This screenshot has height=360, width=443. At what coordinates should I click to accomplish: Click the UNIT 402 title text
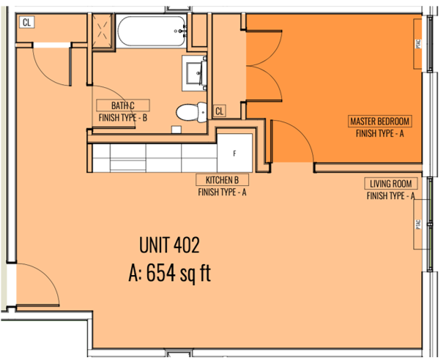click(170, 245)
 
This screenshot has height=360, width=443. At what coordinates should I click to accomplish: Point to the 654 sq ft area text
click(179, 273)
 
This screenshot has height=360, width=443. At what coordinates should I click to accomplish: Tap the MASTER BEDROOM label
click(380, 121)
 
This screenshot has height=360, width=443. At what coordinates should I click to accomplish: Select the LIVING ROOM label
click(391, 184)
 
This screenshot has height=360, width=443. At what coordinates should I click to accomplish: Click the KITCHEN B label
click(222, 180)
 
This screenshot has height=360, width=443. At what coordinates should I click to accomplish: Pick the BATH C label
click(123, 105)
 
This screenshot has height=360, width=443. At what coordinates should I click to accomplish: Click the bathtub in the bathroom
click(152, 31)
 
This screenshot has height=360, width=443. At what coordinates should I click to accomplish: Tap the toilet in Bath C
click(191, 112)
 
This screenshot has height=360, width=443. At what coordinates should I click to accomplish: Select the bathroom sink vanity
click(195, 73)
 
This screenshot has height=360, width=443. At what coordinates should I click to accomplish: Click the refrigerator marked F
click(234, 153)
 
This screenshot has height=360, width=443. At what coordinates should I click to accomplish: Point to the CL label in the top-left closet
click(26, 22)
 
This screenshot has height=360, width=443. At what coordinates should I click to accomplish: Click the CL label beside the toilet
click(219, 111)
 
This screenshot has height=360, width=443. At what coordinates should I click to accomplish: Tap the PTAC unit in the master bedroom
click(418, 44)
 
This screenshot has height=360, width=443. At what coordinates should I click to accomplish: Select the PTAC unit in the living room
click(418, 224)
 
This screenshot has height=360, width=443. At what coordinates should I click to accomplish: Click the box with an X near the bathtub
click(103, 31)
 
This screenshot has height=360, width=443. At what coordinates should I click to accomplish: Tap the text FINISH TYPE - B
click(123, 118)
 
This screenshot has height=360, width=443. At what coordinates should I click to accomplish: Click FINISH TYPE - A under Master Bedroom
click(380, 133)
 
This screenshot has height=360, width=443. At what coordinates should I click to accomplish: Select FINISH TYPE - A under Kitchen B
click(222, 192)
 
